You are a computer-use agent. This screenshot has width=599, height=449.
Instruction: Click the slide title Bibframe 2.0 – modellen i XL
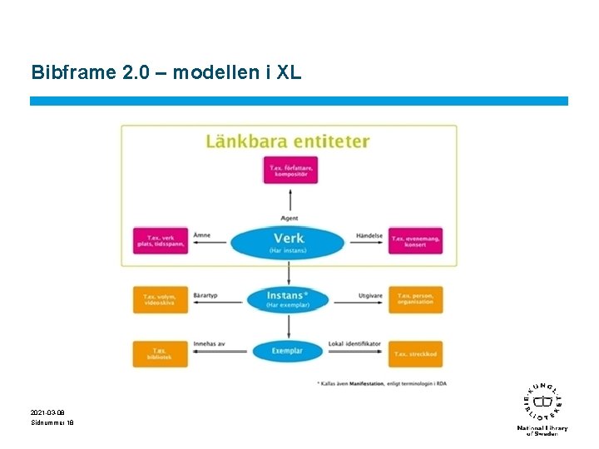point(166,73)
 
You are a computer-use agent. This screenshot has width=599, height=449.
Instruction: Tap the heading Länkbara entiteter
point(287,141)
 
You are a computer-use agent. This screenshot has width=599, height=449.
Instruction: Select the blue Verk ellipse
point(287,241)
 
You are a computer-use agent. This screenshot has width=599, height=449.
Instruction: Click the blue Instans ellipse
point(287,299)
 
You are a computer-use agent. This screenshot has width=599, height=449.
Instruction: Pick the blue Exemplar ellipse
point(287,351)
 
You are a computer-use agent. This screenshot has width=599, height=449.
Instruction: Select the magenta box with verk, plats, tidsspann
point(160,241)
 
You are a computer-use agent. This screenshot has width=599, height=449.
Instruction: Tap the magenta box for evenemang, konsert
point(415,241)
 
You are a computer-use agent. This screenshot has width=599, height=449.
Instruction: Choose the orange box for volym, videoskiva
point(160,299)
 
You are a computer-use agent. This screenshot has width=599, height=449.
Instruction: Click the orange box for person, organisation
point(415,299)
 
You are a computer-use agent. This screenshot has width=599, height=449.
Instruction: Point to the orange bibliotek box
point(160,353)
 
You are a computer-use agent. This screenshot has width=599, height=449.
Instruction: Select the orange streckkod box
point(415,353)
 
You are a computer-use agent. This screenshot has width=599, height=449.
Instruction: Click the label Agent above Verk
point(290,218)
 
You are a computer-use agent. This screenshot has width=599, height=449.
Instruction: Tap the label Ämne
point(201,235)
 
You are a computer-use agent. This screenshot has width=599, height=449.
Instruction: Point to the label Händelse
point(369,235)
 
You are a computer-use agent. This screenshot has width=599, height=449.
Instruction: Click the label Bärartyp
point(205,294)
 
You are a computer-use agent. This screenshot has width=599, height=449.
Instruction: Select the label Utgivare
point(370,294)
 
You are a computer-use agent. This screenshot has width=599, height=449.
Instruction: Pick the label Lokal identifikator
point(354,343)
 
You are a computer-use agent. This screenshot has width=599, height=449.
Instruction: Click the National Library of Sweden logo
point(542,407)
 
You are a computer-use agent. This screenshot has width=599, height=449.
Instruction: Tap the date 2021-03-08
point(47,412)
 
